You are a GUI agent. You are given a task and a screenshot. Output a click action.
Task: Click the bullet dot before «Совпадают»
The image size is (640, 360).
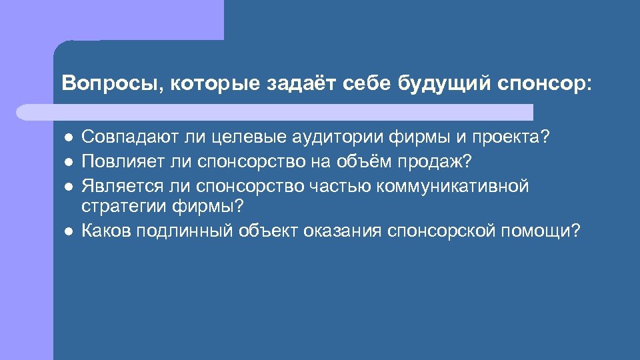68,138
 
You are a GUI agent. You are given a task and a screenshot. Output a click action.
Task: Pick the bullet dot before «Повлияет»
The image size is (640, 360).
68,162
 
